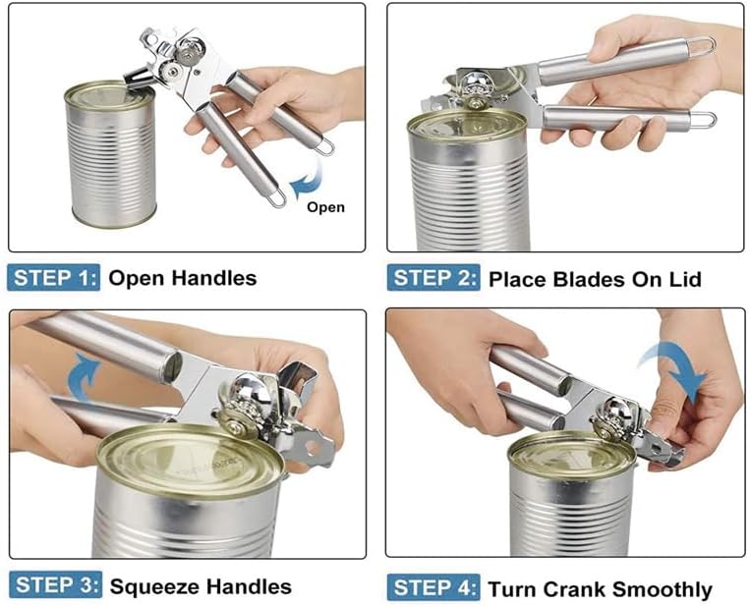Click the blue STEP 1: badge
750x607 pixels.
point(53,277)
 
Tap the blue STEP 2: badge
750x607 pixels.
point(433,278)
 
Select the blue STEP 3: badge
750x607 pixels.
point(55,584)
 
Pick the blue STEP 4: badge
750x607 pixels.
point(433,587)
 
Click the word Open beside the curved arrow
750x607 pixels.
point(325,207)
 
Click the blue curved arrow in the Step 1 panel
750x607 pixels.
point(306,179)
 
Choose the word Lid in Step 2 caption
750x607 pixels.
point(685,279)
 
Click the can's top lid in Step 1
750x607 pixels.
point(110,95)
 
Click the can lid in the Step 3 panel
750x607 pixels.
point(191,460)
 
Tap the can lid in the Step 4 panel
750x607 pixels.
point(571,454)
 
